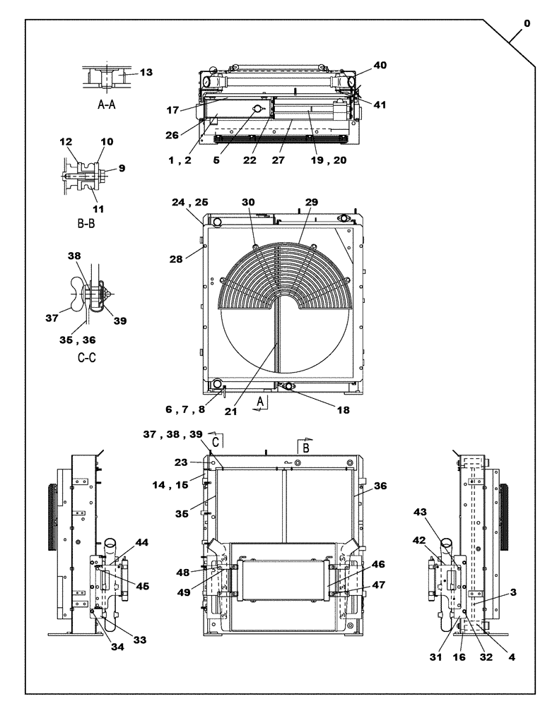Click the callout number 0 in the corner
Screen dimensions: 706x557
coord(526,23)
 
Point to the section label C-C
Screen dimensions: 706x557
coord(86,358)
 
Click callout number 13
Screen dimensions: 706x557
coord(146,72)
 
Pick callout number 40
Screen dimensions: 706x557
coord(380,65)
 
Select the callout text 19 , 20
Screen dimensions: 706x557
coord(329,160)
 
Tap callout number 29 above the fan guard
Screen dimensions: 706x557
coord(311,202)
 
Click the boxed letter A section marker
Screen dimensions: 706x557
coord(261,402)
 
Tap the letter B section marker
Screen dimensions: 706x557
coord(306,448)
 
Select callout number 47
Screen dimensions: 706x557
coord(378,585)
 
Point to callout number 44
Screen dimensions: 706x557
coord(143,542)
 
